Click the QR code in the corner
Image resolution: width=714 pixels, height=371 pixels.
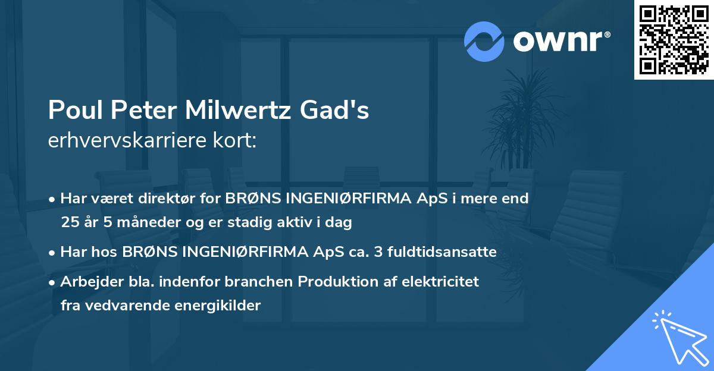(x=674, y=39)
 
